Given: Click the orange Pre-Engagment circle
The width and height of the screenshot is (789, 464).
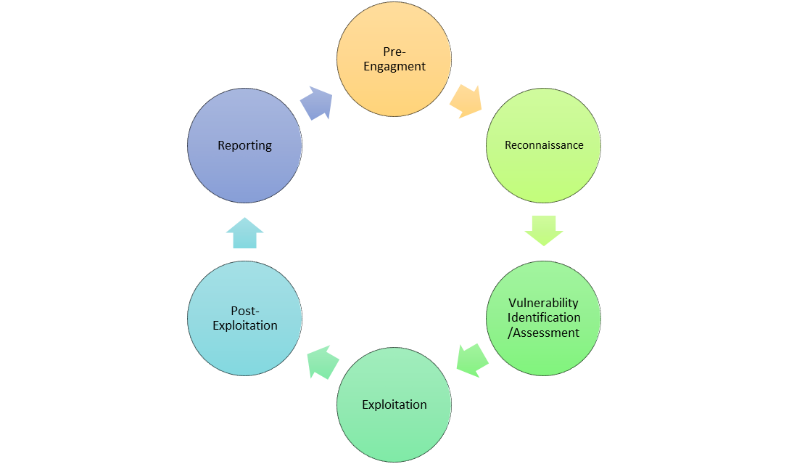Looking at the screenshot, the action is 394,59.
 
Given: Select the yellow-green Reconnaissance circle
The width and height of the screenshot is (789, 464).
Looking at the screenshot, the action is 543,146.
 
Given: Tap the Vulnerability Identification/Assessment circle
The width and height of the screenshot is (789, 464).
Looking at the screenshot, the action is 543,318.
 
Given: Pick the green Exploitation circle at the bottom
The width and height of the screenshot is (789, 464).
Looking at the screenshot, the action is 394,404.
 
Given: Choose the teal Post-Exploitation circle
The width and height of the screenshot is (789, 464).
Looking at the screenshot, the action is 244,318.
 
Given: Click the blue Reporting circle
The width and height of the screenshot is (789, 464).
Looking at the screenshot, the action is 244,146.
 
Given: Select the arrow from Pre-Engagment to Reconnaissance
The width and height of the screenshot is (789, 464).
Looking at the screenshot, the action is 466,102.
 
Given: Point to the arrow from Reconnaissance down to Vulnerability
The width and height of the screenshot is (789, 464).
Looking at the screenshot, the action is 543,231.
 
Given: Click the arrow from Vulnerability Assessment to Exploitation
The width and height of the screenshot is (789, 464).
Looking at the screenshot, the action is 473,361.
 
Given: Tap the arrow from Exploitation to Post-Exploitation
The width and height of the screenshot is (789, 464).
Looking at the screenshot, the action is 323,362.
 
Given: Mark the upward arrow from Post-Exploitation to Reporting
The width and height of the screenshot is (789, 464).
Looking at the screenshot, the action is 244,233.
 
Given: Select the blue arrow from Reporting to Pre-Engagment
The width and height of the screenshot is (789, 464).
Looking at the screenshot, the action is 316,103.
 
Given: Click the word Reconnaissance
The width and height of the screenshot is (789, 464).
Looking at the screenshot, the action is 544,145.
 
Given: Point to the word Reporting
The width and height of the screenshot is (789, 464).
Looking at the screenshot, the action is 244,146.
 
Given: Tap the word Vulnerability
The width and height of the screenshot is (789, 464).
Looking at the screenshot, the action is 543,304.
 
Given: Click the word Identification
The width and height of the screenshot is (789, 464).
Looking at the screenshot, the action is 544,317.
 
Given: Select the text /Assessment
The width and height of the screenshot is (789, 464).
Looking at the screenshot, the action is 543,333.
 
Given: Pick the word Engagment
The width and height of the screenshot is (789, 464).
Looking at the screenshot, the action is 394,67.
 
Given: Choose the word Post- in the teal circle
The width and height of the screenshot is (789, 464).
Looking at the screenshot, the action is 245,311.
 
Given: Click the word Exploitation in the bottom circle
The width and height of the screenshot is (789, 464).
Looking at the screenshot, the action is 394,404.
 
